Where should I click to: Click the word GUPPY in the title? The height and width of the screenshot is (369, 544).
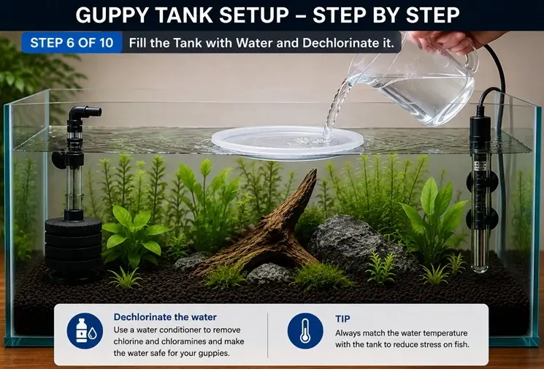coord(112,15)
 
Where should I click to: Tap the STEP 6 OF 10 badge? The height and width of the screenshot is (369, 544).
coord(72,42)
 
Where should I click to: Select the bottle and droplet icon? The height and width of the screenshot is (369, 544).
coord(85,330)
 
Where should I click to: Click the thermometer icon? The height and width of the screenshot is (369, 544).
coord(305,330)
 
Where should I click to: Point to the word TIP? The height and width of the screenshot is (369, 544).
coord(342,319)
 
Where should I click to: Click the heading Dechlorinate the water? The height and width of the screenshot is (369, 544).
coord(165,317)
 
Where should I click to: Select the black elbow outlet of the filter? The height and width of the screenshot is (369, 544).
coord(84,113)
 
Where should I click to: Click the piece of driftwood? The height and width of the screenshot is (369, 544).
coord(267,229)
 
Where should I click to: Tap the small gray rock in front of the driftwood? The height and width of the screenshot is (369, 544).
coord(269,273)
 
